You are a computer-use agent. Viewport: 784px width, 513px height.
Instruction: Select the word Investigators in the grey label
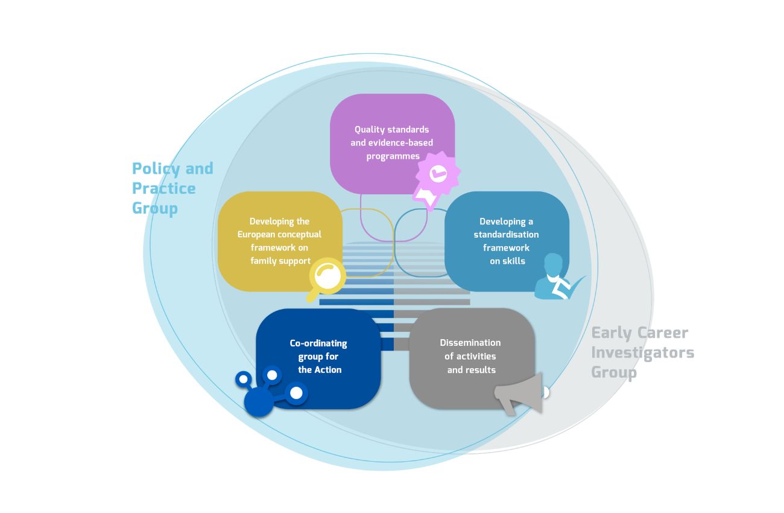coord(642,352)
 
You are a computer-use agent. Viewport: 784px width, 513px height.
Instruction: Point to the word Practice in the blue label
coord(164,188)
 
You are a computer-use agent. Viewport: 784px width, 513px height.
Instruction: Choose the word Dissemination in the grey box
coord(470,343)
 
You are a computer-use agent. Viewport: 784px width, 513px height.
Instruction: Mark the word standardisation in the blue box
coord(507,234)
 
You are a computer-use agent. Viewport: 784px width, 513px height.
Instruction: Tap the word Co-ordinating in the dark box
coord(318,343)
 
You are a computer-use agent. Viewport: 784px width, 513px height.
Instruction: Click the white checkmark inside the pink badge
coord(438,174)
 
